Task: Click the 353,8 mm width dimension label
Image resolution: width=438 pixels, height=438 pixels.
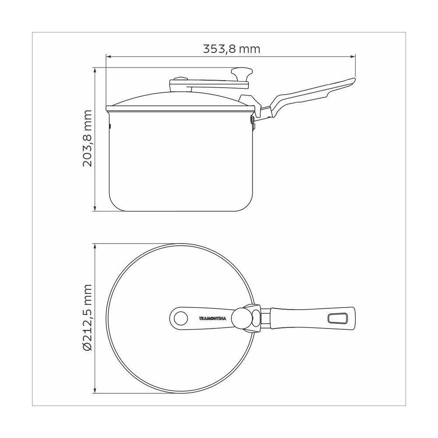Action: pyautogui.click(x=232, y=49)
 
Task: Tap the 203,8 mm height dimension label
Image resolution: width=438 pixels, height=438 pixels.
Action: pyautogui.click(x=87, y=138)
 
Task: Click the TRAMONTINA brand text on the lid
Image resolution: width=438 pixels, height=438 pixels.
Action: pyautogui.click(x=212, y=318)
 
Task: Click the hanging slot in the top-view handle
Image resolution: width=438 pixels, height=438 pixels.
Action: pyautogui.click(x=337, y=318)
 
